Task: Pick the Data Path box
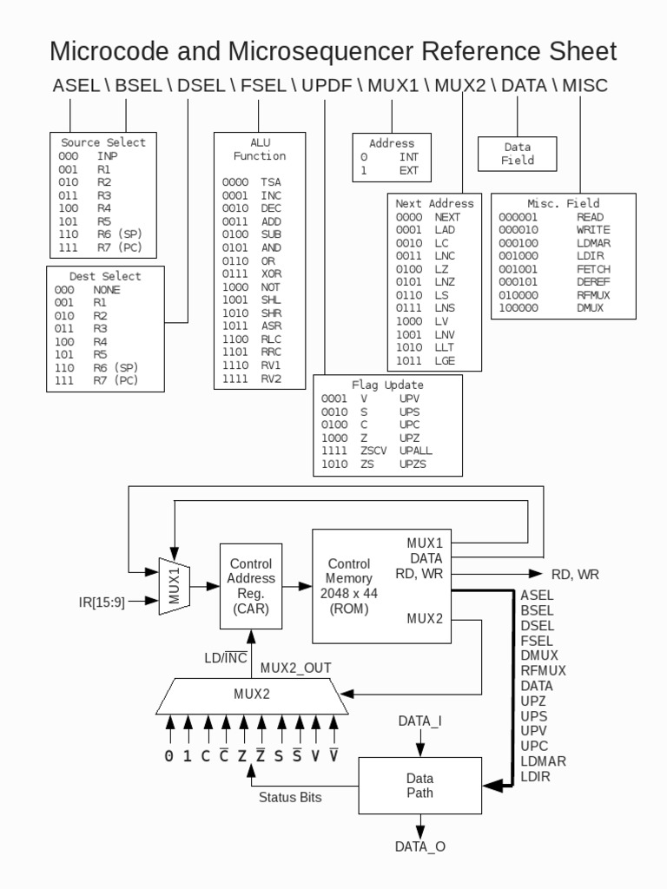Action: click(419, 785)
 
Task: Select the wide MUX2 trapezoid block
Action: click(251, 695)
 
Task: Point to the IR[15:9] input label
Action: click(102, 602)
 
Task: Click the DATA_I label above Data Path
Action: click(420, 721)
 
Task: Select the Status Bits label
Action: click(290, 798)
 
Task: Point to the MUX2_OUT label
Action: click(296, 668)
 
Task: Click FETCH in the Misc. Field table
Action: click(590, 270)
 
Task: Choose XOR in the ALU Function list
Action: click(271, 273)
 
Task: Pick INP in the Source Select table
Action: click(107, 155)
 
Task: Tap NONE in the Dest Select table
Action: click(107, 290)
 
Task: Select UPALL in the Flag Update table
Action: click(415, 451)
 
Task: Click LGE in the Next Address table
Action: click(445, 360)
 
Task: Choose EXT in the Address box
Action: click(408, 171)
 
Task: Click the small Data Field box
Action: click(518, 154)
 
